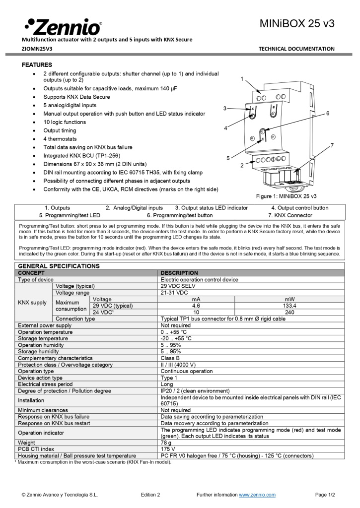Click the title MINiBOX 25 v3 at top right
297,23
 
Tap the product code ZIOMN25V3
37,49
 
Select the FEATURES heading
37,65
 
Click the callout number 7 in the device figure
332,145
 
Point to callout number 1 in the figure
242,79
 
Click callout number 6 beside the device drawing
328,114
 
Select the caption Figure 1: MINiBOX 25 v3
286,196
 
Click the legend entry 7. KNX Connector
290,215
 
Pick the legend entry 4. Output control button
299,208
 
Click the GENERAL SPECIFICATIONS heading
59,266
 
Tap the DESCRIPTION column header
179,273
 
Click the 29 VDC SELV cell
177,286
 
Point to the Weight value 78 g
166,443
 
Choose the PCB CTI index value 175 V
168,449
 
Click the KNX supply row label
32,303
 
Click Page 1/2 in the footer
325,495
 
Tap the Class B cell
170,358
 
